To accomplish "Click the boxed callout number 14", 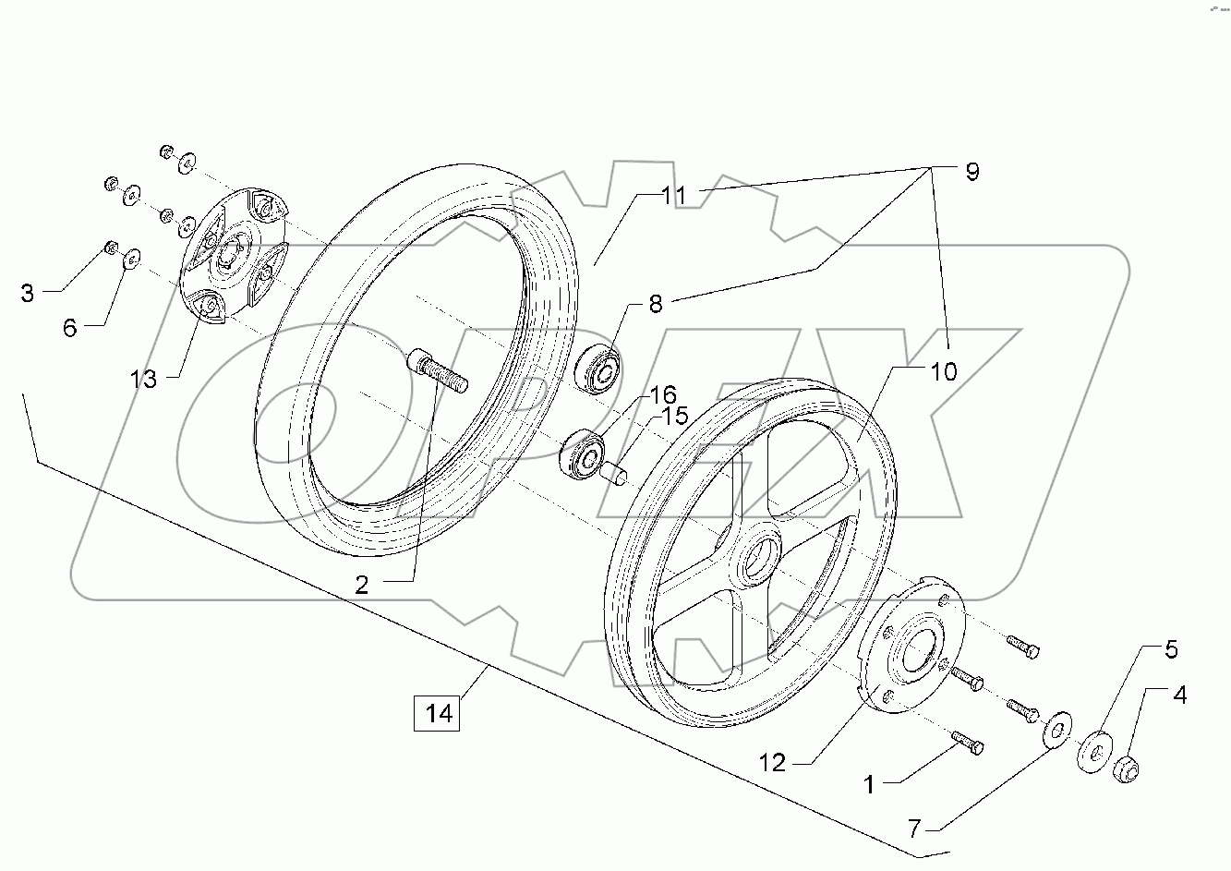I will (437, 714).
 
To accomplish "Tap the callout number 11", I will (673, 196).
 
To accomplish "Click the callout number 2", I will (362, 584).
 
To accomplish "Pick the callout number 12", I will (772, 763).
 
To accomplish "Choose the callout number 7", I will (914, 829).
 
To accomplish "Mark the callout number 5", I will (1170, 650).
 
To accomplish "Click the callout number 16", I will (663, 395).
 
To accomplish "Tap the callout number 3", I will (27, 293).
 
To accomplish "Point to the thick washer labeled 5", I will (1093, 750).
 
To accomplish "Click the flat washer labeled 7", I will (1054, 728).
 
